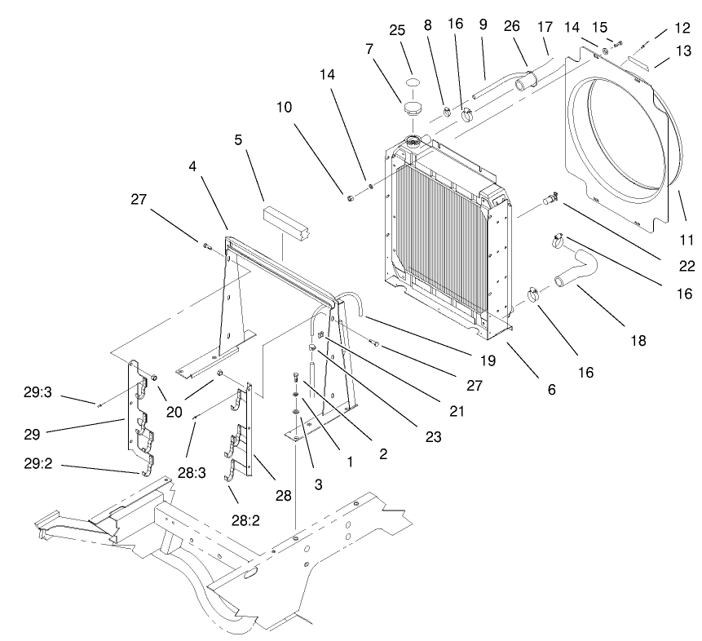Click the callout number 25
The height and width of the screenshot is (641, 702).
[x=397, y=30]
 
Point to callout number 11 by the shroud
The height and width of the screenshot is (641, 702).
[x=686, y=240]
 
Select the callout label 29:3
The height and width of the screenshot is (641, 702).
[x=38, y=391]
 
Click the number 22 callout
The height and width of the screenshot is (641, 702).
[x=687, y=266]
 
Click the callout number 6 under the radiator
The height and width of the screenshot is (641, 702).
[x=552, y=390]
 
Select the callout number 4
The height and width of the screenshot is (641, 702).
[x=193, y=166]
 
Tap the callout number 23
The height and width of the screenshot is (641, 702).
[x=433, y=437]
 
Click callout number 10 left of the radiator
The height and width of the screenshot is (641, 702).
[x=284, y=107]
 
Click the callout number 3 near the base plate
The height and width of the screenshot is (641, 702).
[x=319, y=484]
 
